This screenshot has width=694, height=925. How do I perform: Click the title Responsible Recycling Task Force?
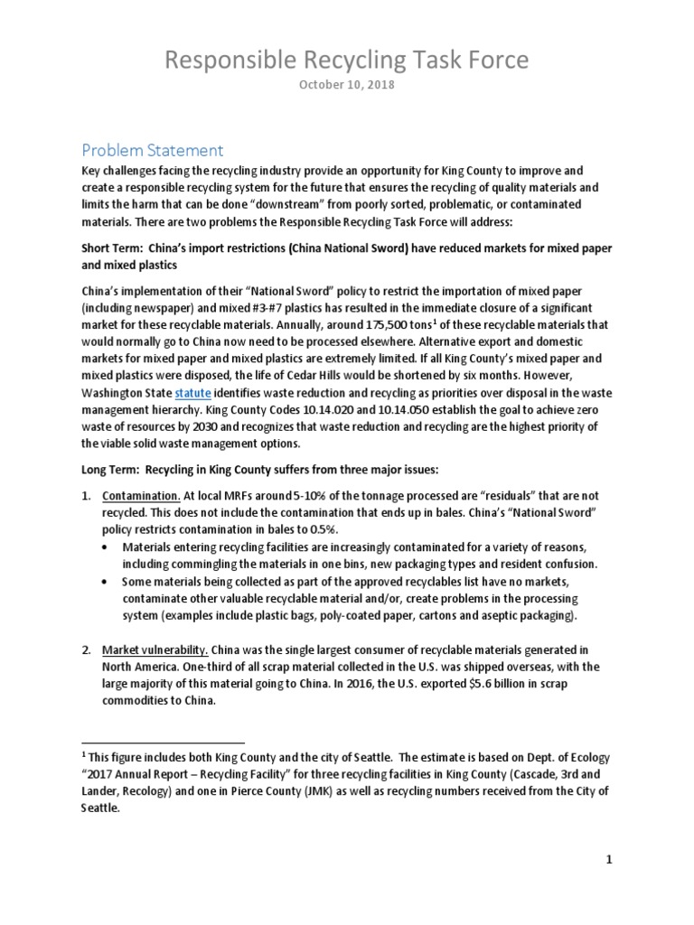347,61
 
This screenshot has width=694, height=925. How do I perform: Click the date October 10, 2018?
347,86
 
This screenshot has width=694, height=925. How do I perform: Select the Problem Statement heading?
152,149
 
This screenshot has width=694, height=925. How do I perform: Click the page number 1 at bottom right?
609,860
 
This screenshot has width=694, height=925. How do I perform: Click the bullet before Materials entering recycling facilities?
110,547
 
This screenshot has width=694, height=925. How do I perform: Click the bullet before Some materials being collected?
110,581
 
